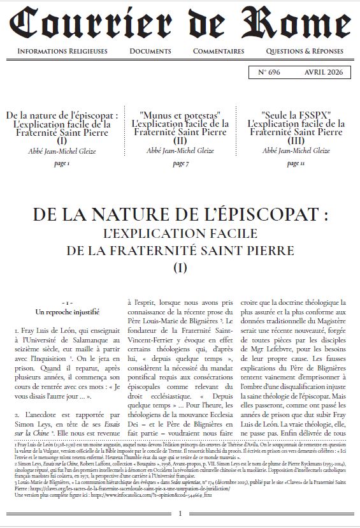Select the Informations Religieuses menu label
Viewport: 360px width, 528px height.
coord(62,52)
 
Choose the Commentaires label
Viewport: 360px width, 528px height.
coord(219,52)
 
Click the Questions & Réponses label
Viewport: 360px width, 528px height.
coord(305,52)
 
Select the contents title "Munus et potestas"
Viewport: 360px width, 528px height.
coord(180,115)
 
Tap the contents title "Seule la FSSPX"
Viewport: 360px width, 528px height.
coord(296,115)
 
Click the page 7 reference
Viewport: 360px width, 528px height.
coord(180,164)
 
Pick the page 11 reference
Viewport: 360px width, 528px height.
coord(295,164)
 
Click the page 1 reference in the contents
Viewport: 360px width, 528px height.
coord(62,164)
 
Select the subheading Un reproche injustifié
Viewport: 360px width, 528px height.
coord(62,312)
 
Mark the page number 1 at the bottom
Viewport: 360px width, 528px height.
coord(180,515)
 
